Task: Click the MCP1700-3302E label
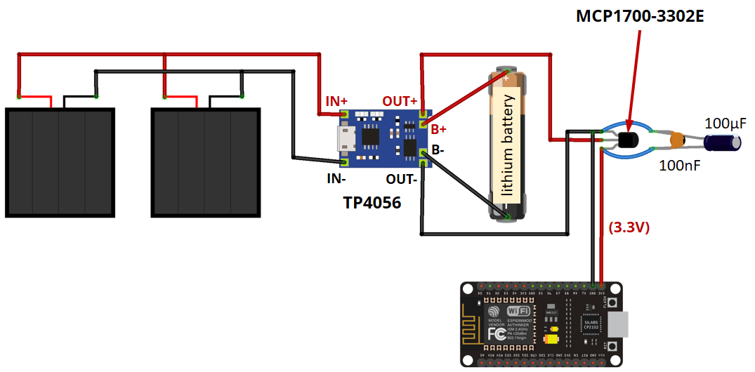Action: coord(640,15)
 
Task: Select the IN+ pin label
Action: coord(336,101)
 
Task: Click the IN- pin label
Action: coord(336,179)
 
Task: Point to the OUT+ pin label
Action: coord(400,101)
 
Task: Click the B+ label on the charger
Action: coord(439,129)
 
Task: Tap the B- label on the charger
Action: coord(438,150)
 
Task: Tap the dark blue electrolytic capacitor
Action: coord(726,143)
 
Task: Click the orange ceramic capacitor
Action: coord(677,140)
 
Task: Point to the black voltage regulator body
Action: coord(629,140)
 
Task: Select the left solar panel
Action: coord(60,162)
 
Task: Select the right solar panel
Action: coord(206,162)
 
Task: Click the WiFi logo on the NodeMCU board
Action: coord(518,310)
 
